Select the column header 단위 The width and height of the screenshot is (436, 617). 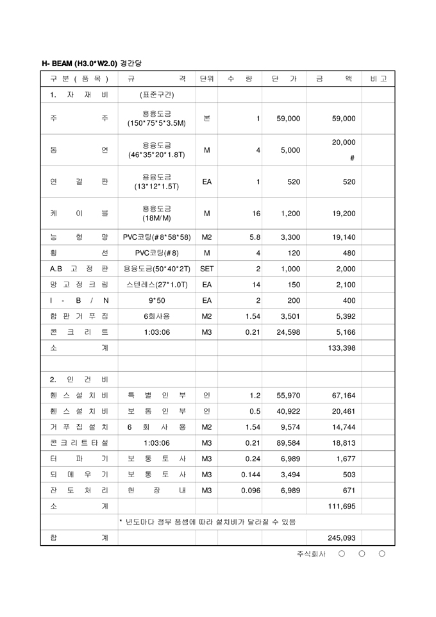[x=206, y=79]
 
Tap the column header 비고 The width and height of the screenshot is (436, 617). [x=378, y=79]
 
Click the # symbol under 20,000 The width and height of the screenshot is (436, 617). [x=352, y=158]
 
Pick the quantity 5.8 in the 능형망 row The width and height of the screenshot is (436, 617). [x=255, y=237]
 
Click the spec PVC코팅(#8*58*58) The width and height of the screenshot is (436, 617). [x=156, y=237]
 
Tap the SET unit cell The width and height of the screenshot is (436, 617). [x=206, y=269]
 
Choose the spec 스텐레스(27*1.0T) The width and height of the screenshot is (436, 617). [x=156, y=285]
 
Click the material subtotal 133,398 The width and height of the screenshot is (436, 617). [x=341, y=348]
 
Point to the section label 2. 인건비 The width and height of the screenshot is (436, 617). [x=79, y=380]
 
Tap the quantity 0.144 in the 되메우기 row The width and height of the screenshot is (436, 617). [x=251, y=475]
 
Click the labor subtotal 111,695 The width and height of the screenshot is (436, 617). [x=341, y=506]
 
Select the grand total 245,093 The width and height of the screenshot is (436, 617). [x=341, y=538]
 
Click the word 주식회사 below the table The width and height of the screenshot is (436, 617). [x=311, y=554]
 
